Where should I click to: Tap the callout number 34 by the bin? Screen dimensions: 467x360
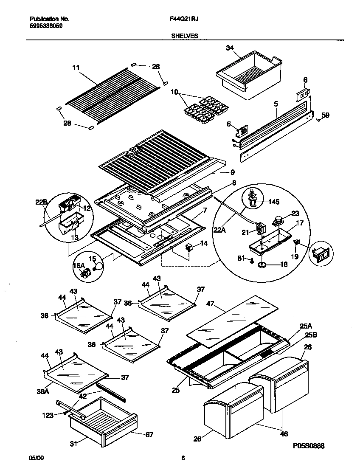pyautogui.click(x=230, y=48)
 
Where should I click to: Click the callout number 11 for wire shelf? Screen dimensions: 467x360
pyautogui.click(x=76, y=68)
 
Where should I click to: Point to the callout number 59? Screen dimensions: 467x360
pyautogui.click(x=325, y=115)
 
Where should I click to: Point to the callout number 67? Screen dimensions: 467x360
pyautogui.click(x=149, y=434)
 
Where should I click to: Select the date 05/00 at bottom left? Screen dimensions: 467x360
pyautogui.click(x=36, y=458)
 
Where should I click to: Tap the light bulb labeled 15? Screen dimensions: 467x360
pyautogui.click(x=98, y=267)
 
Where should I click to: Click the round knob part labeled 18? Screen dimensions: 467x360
pyautogui.click(x=262, y=264)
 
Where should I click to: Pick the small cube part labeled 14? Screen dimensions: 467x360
pyautogui.click(x=190, y=247)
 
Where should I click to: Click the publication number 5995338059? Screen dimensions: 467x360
pyautogui.click(x=46, y=25)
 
